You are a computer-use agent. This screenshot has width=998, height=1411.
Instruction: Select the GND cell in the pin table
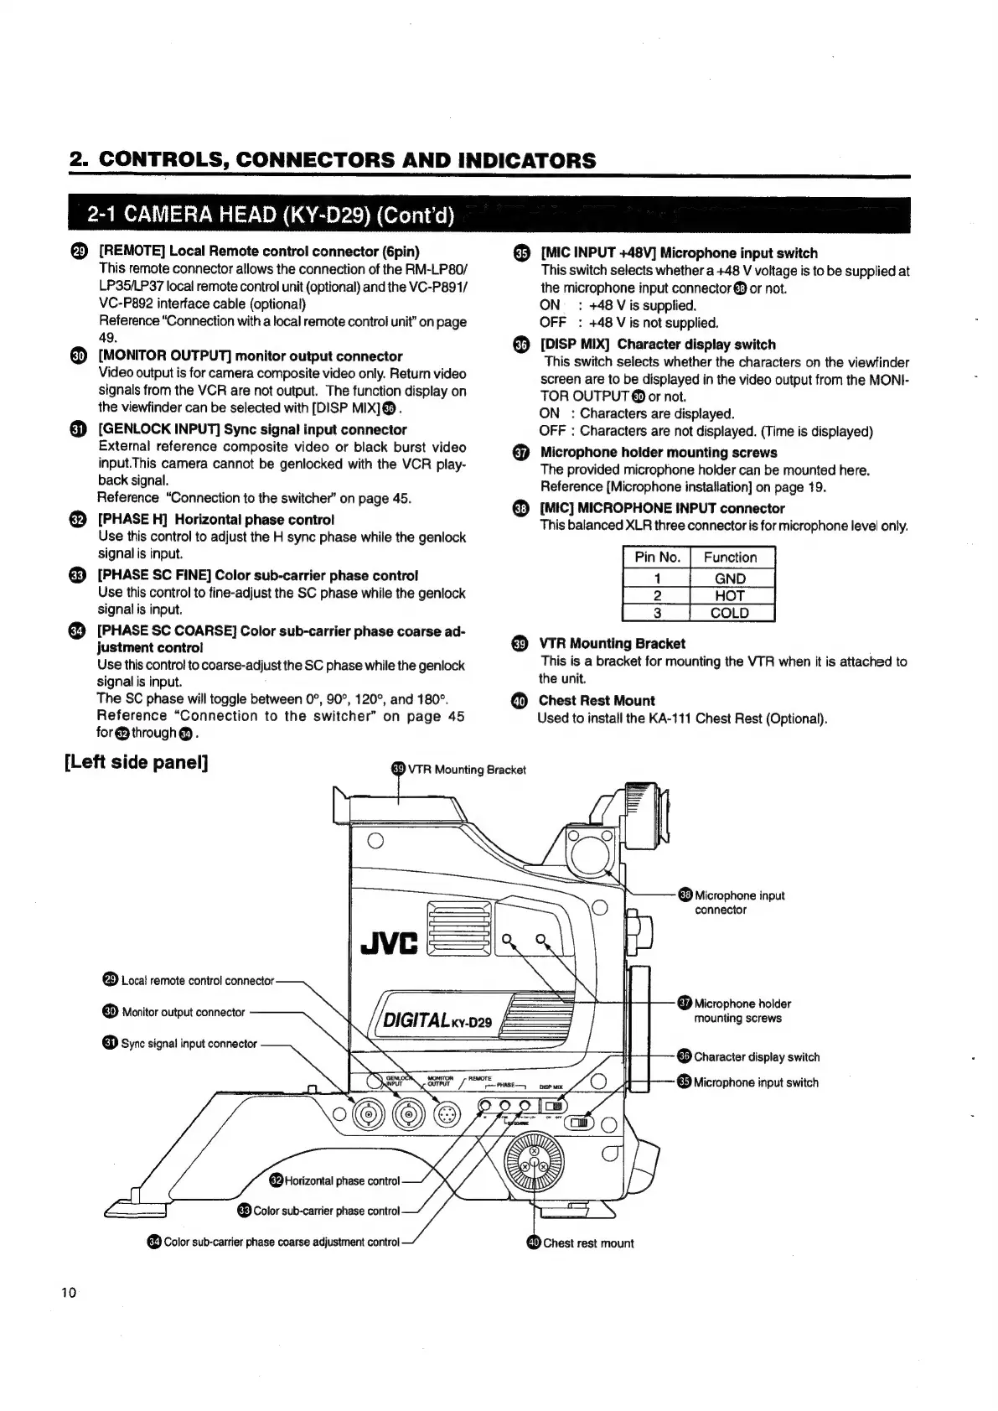point(730,578)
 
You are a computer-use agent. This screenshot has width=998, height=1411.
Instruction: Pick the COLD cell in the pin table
point(730,613)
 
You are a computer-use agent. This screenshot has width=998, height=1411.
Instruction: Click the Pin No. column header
point(658,558)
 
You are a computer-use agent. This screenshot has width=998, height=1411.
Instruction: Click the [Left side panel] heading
point(136,763)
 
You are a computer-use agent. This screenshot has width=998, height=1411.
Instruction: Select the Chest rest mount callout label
point(587,1243)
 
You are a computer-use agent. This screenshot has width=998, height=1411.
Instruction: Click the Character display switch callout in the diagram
point(756,1057)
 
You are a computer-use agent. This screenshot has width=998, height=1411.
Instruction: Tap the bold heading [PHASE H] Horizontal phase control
point(215,520)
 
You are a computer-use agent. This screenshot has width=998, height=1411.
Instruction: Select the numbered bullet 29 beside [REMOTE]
point(78,252)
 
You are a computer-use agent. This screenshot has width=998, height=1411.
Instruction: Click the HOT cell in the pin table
point(730,596)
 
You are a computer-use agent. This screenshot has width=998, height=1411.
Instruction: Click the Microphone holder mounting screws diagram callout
point(742,1010)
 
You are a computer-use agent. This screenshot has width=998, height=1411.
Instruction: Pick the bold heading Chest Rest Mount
point(597,701)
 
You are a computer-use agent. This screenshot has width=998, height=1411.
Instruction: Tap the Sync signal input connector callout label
point(189,1044)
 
